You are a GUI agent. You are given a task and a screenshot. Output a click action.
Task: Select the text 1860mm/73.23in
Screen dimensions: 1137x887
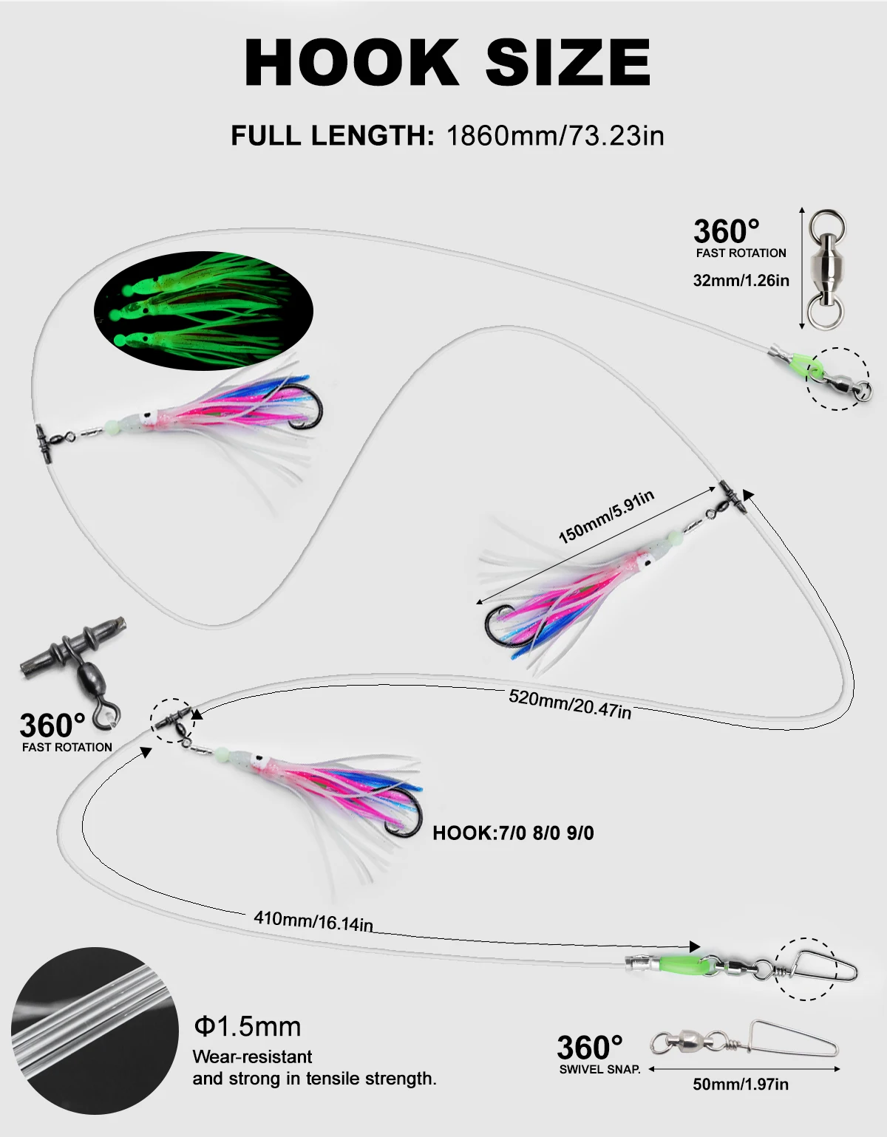(555, 136)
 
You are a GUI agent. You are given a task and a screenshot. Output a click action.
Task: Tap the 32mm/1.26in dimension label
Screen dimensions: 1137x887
(741, 281)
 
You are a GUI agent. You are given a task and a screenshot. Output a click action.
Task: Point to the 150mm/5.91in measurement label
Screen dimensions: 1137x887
(606, 516)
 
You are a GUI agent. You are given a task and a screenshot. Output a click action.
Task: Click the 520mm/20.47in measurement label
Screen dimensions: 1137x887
(570, 703)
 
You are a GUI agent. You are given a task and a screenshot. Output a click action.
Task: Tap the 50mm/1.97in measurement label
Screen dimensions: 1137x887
(740, 1085)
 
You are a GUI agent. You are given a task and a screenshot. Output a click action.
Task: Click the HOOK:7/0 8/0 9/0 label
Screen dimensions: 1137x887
(513, 833)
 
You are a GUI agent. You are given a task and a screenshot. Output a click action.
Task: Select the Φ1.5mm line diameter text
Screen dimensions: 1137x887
(248, 1027)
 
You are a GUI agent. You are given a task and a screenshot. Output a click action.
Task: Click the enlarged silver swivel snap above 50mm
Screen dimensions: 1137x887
(744, 1042)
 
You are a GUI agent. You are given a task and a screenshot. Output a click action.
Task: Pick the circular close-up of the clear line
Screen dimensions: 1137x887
(95, 1030)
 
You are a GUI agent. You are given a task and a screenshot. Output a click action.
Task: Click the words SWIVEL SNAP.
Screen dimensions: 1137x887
(599, 1069)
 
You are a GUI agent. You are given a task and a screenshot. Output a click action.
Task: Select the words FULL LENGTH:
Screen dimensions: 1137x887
(332, 136)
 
